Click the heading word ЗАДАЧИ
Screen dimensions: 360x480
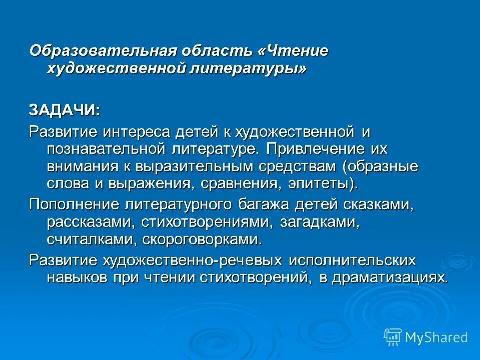tap(63, 110)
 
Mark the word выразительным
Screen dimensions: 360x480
tap(192, 165)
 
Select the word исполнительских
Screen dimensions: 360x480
tap(352, 260)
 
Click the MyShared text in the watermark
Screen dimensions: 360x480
tap(436, 337)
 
